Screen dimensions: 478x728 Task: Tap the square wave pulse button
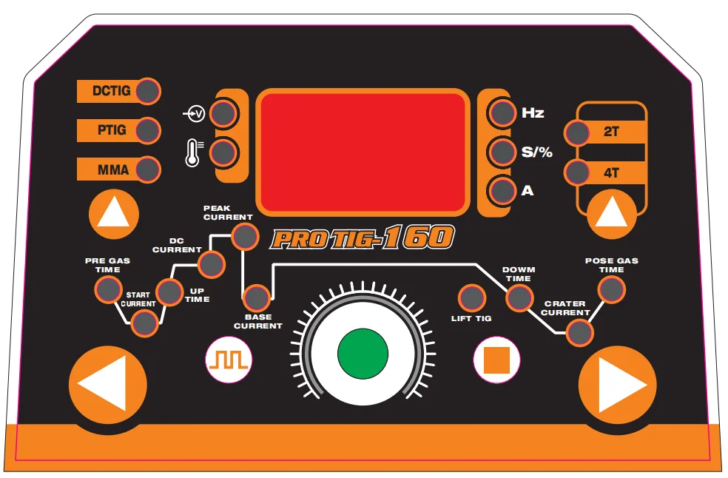click(229, 360)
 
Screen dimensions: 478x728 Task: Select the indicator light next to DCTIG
click(148, 91)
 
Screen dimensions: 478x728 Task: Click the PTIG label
click(112, 130)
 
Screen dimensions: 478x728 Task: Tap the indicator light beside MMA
click(148, 169)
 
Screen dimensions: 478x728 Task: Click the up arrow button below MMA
click(114, 215)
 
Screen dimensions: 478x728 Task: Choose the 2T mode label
click(611, 132)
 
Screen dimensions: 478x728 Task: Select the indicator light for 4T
click(576, 172)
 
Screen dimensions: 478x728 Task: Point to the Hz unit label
click(533, 113)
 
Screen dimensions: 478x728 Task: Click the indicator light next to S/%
click(503, 152)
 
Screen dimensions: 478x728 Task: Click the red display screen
click(363, 152)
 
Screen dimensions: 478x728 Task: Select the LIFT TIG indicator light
click(471, 297)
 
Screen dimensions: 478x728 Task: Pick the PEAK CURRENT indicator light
click(244, 237)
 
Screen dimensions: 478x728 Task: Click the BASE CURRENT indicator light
click(257, 298)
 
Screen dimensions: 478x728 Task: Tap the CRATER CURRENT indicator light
click(579, 333)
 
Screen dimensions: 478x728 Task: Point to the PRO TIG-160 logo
click(362, 238)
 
